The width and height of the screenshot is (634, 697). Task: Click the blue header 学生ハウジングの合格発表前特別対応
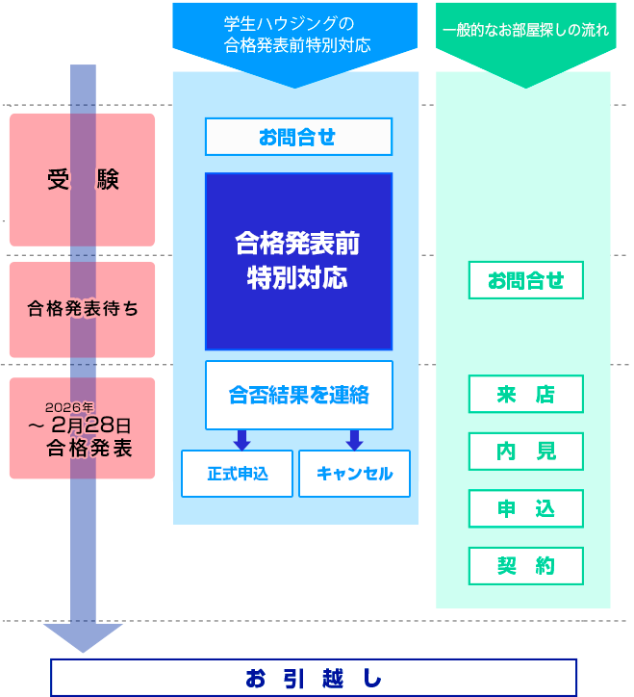click(x=295, y=36)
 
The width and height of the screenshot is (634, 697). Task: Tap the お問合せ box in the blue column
click(x=298, y=137)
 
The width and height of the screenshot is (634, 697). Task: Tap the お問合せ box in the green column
click(x=525, y=280)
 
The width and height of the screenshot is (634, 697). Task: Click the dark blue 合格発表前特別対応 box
click(x=298, y=261)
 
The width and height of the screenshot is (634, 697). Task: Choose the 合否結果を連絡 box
click(x=298, y=395)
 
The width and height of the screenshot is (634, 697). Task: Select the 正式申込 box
click(x=237, y=474)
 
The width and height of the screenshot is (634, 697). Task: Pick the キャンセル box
click(x=354, y=474)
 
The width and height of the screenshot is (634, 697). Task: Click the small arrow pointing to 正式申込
click(x=241, y=440)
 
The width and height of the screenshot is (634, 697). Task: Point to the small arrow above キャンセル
click(x=354, y=440)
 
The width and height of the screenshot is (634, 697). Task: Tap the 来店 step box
click(x=525, y=395)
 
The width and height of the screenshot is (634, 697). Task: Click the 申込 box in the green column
click(x=525, y=508)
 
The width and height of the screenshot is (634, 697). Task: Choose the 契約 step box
click(x=525, y=566)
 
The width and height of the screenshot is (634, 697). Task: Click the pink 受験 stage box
click(x=82, y=180)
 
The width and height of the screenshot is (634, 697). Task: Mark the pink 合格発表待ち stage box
click(x=82, y=309)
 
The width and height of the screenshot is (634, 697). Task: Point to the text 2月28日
click(x=91, y=426)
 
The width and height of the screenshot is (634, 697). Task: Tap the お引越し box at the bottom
click(x=314, y=678)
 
